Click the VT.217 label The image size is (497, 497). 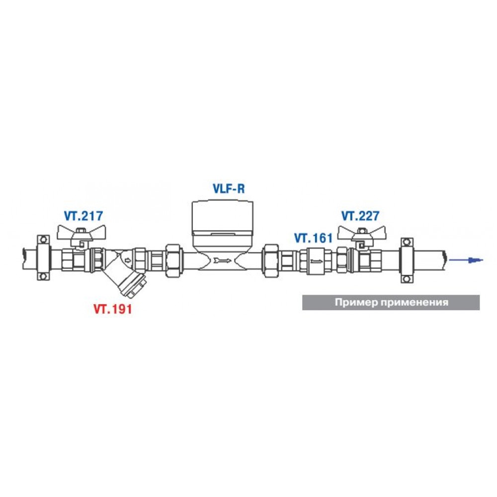[83, 216]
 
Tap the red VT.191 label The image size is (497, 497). [112, 309]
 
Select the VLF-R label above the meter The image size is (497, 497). [229, 188]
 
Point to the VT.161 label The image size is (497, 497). [314, 238]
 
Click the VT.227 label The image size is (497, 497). [360, 216]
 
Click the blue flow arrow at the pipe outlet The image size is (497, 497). [466, 260]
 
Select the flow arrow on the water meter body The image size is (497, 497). [223, 260]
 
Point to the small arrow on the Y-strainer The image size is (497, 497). [128, 260]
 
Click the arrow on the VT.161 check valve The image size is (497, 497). [316, 261]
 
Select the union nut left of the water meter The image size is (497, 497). [174, 260]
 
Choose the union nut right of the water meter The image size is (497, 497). [271, 260]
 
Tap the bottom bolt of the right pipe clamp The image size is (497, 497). [406, 279]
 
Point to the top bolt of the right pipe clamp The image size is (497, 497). [406, 243]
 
